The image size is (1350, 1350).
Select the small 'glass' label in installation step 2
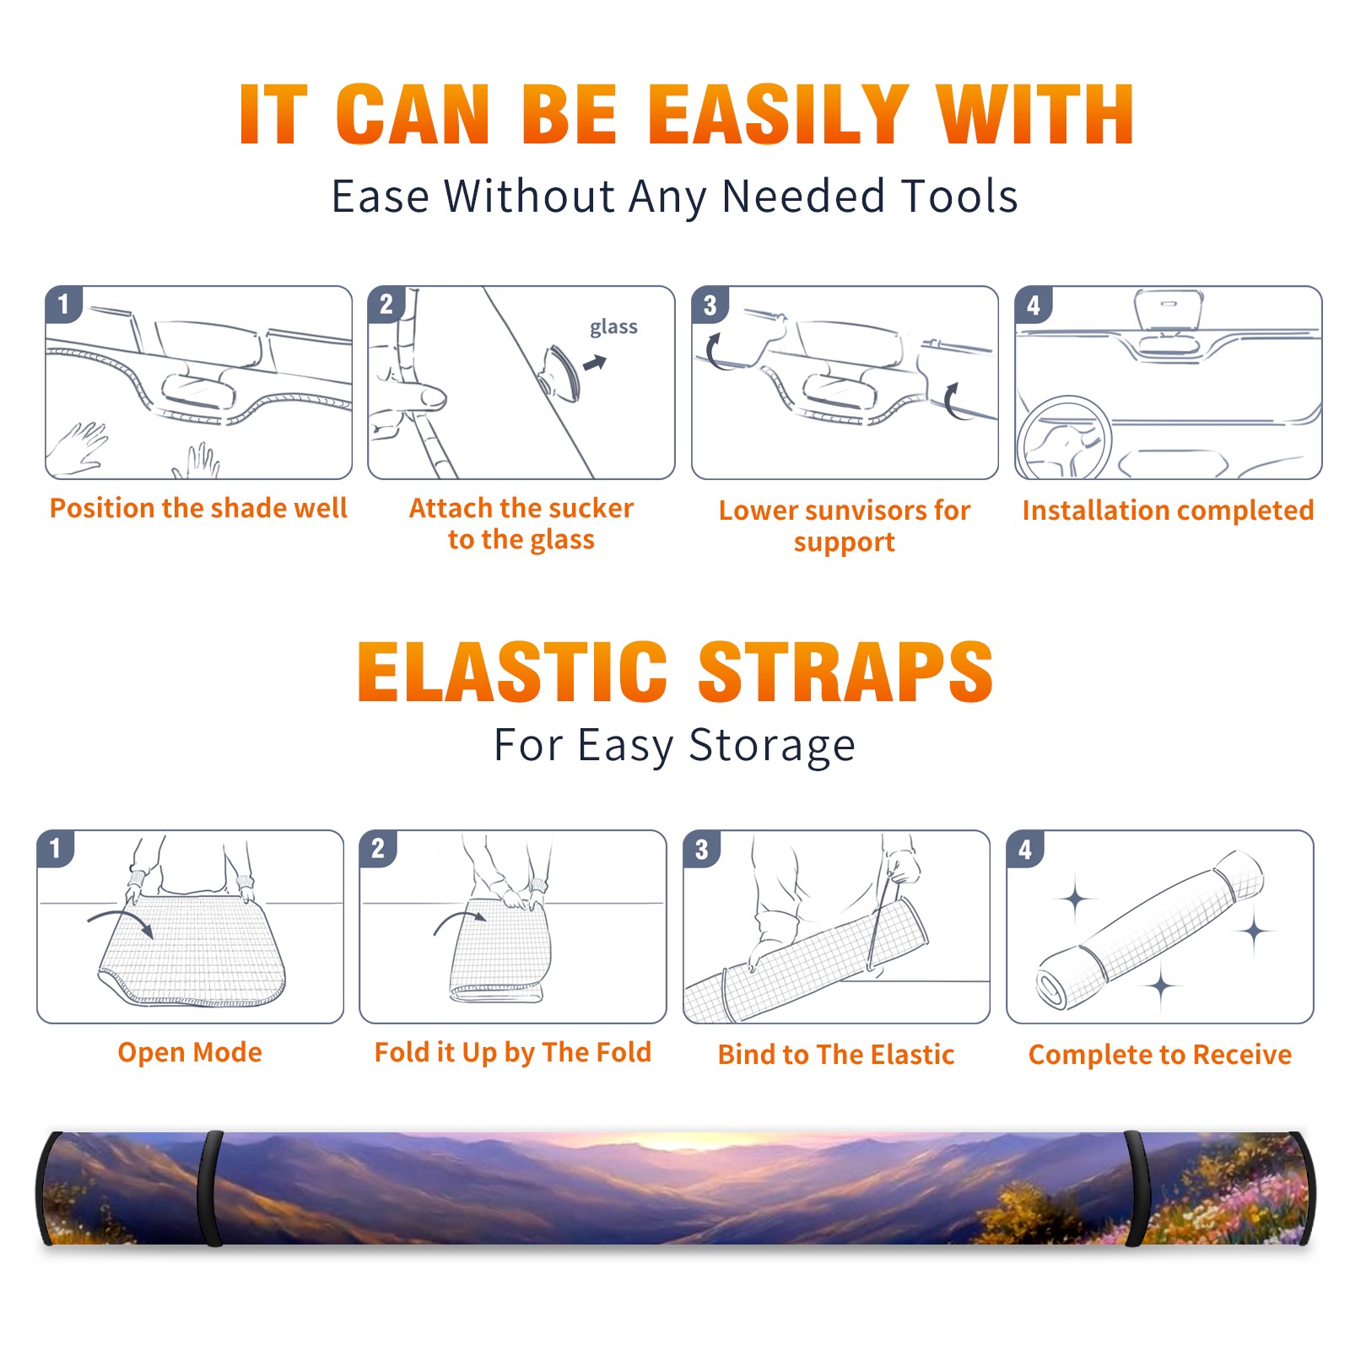point(613,327)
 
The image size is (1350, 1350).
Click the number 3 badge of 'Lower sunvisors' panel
point(710,305)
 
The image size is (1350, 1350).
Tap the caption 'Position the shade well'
point(198,508)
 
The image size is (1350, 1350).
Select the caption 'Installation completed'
point(1168,510)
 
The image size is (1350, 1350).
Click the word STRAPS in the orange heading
point(845,672)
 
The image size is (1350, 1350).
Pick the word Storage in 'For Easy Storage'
point(772,746)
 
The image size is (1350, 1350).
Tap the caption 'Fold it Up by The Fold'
point(513,1052)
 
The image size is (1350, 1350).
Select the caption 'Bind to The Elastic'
point(836,1055)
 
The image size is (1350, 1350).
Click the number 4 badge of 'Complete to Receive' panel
point(1025,849)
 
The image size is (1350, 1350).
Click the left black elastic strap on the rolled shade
point(210,1188)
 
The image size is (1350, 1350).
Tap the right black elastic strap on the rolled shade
point(1137,1188)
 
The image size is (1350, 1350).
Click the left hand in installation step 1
point(78,447)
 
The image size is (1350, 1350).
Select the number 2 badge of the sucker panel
point(386,305)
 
